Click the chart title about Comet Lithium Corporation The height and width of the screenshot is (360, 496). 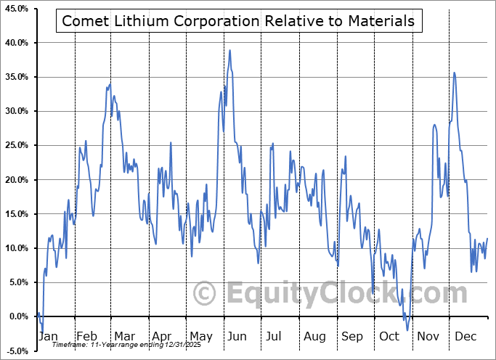(238, 21)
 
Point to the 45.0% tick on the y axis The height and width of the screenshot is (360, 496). (15, 9)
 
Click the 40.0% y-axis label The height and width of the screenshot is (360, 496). (15, 43)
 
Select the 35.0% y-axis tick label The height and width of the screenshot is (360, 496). (15, 77)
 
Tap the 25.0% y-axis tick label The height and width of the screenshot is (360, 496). (15, 145)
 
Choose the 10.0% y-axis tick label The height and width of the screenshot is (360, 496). (15, 248)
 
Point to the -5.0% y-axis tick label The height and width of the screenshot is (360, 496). (16, 351)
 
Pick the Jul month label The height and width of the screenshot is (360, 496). (275, 337)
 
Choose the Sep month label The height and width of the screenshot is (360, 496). (352, 337)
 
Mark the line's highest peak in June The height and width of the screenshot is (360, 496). (230, 50)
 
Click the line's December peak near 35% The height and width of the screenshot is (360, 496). (455, 73)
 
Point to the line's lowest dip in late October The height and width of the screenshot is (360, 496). (407, 330)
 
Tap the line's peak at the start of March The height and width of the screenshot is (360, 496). (110, 83)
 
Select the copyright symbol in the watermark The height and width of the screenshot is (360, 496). (205, 293)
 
